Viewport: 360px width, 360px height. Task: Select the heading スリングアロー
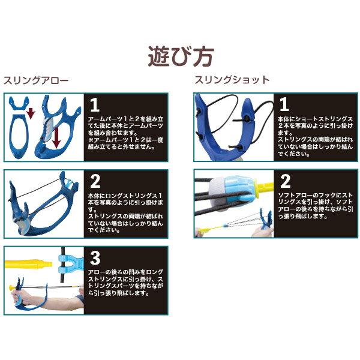pyautogui.click(x=37, y=80)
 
